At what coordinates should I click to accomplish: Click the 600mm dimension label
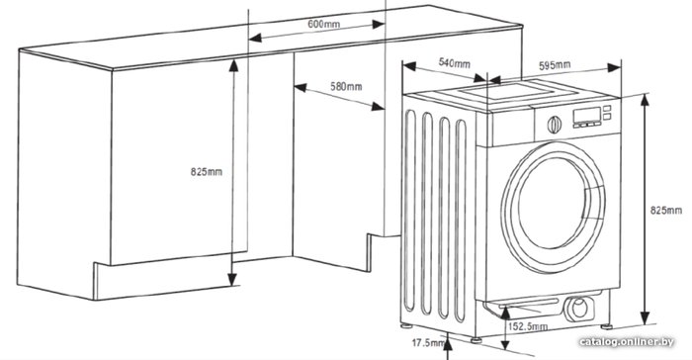click(x=323, y=24)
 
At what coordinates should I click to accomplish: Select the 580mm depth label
click(x=346, y=86)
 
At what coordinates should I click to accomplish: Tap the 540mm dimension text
click(x=454, y=63)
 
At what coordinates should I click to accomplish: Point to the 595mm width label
click(x=555, y=65)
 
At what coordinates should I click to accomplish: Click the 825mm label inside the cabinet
click(x=206, y=171)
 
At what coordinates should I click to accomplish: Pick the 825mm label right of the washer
click(x=666, y=211)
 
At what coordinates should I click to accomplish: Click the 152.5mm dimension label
click(x=528, y=326)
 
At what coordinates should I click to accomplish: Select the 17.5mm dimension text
click(x=428, y=342)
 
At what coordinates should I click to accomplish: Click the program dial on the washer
click(x=554, y=125)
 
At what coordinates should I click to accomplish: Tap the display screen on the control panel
click(x=586, y=116)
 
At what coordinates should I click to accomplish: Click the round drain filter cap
click(x=579, y=308)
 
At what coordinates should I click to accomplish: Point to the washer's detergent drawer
click(x=510, y=129)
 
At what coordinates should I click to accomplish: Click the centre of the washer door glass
click(x=553, y=203)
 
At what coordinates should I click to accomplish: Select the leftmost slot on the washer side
click(x=410, y=211)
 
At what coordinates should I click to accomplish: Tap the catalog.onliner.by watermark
click(x=627, y=341)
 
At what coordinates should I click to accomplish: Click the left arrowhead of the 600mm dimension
click(x=255, y=38)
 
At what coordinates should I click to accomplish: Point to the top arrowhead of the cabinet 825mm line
click(x=233, y=65)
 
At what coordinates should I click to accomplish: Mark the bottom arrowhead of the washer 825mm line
click(x=645, y=317)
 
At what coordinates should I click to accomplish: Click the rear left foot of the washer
click(x=405, y=326)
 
